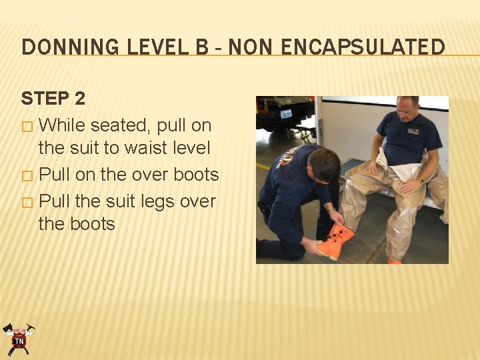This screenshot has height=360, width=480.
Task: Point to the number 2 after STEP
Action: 80,99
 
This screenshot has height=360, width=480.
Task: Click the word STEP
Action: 45,99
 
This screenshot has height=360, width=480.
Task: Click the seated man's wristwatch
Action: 421,180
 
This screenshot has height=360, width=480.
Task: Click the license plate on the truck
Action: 286,114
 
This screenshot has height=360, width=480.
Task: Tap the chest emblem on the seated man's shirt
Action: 413,131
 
